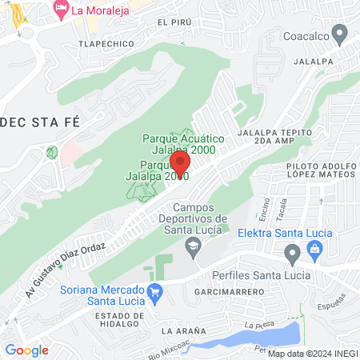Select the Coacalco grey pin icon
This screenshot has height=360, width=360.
tap(340, 34)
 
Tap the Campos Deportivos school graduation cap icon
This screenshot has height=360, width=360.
tap(192, 245)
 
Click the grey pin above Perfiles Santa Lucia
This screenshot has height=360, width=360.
tap(292, 255)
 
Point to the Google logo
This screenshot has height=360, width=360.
tap(26, 350)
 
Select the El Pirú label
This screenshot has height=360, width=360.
tap(174, 22)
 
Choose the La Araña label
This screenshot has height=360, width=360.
tap(183, 330)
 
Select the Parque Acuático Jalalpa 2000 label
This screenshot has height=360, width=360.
tap(183, 143)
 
